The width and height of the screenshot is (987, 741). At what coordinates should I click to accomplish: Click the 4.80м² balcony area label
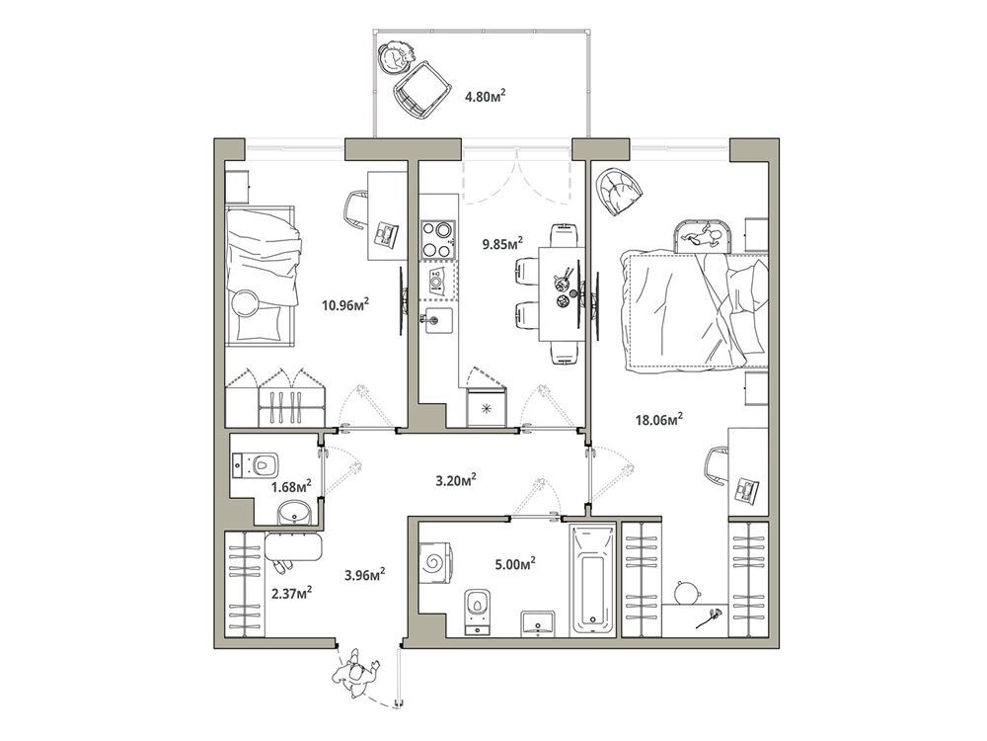(x=486, y=97)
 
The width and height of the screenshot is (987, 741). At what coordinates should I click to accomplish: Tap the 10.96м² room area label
(x=344, y=306)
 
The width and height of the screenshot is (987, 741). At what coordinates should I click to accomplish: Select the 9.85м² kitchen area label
(x=503, y=243)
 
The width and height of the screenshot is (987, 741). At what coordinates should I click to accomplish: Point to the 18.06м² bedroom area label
(x=659, y=420)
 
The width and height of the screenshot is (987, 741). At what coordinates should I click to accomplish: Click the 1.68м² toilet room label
(x=292, y=486)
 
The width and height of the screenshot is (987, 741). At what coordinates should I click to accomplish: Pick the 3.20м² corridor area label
(x=456, y=481)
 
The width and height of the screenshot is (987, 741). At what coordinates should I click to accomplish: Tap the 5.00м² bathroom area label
(x=515, y=563)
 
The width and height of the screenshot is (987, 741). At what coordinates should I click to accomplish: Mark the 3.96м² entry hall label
(x=365, y=574)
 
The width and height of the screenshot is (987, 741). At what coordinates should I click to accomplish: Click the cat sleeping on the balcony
(x=397, y=57)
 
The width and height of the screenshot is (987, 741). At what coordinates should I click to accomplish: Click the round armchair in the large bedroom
(x=620, y=190)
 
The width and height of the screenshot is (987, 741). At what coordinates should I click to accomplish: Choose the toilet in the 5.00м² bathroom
(x=477, y=612)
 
